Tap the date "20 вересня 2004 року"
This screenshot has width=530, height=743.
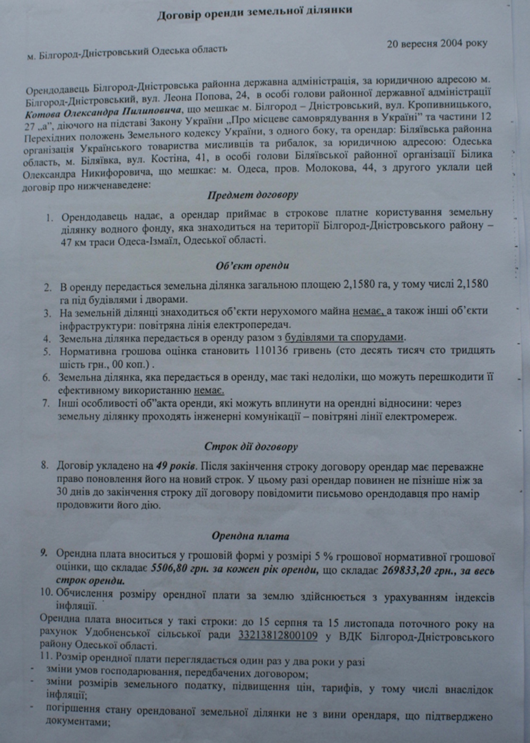pos(437,43)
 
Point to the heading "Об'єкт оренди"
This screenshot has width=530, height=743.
pos(252,265)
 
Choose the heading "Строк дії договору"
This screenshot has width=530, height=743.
pos(251,446)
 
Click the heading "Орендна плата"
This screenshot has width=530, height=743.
pos(251,536)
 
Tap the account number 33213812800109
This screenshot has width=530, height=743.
pos(279,635)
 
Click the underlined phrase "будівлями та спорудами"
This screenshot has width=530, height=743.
pos(344,337)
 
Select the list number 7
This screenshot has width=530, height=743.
pos(46,404)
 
